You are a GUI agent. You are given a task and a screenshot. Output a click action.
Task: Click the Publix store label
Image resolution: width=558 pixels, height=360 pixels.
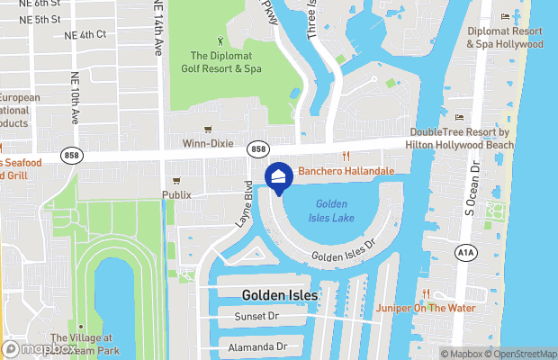176,194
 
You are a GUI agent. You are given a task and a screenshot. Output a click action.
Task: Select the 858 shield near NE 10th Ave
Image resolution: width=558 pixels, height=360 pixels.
73,156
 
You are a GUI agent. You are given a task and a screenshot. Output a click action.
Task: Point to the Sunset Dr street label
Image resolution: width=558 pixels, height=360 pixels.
256,317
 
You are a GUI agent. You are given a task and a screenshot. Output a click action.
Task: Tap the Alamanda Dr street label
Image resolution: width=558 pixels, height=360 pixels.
256,346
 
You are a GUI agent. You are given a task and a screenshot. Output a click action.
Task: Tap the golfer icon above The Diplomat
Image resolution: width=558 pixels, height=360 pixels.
221,40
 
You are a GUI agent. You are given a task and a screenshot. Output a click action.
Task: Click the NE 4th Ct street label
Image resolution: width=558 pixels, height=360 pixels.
85,34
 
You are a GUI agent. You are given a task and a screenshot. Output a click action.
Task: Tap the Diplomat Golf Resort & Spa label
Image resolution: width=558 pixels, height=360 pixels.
220,61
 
